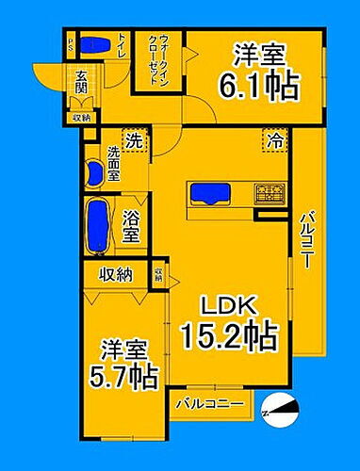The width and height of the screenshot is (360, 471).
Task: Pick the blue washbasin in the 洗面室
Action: tap(93, 171)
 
